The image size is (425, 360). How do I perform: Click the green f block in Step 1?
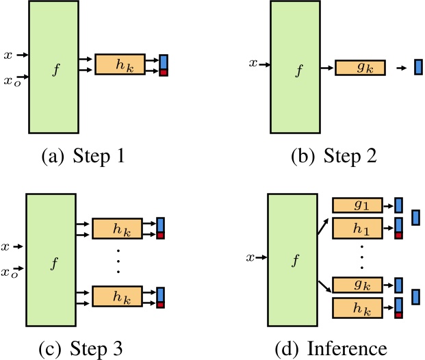pyautogui.click(x=53, y=68)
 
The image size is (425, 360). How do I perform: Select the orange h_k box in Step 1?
pyautogui.click(x=120, y=64)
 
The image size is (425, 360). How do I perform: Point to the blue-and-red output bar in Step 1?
pyautogui.click(x=164, y=64)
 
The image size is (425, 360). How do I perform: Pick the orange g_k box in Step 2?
pyautogui.click(x=360, y=68)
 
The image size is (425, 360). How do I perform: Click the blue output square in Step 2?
pyautogui.click(x=418, y=68)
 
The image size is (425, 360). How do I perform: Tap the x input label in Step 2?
pyautogui.click(x=253, y=64)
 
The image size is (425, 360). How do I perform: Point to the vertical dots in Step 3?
pyautogui.click(x=118, y=262)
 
